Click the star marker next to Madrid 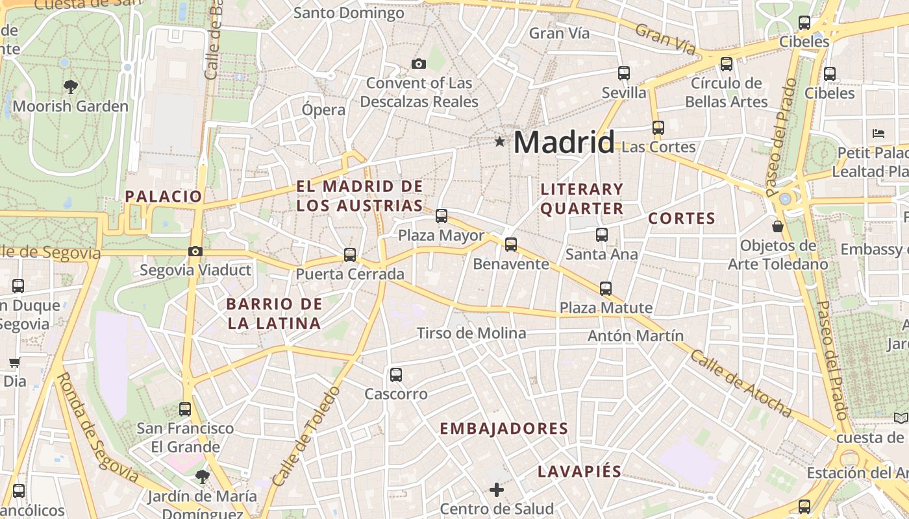(x=499, y=141)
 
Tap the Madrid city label (x=564, y=142)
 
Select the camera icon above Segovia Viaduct (x=195, y=252)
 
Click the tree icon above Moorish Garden (x=70, y=86)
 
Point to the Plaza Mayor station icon (x=442, y=216)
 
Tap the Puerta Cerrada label (x=350, y=274)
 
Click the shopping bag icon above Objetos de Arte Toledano (x=777, y=227)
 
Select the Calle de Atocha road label (x=740, y=383)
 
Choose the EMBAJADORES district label (x=504, y=429)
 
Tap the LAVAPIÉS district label (x=580, y=472)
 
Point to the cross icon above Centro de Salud (x=497, y=490)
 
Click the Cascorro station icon (x=396, y=375)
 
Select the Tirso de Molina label (x=471, y=333)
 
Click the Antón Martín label (x=636, y=335)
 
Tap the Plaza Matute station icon (x=606, y=289)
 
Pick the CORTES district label (x=682, y=219)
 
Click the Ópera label (x=323, y=110)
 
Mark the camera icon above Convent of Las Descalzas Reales (x=419, y=64)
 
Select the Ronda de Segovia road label (x=97, y=428)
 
